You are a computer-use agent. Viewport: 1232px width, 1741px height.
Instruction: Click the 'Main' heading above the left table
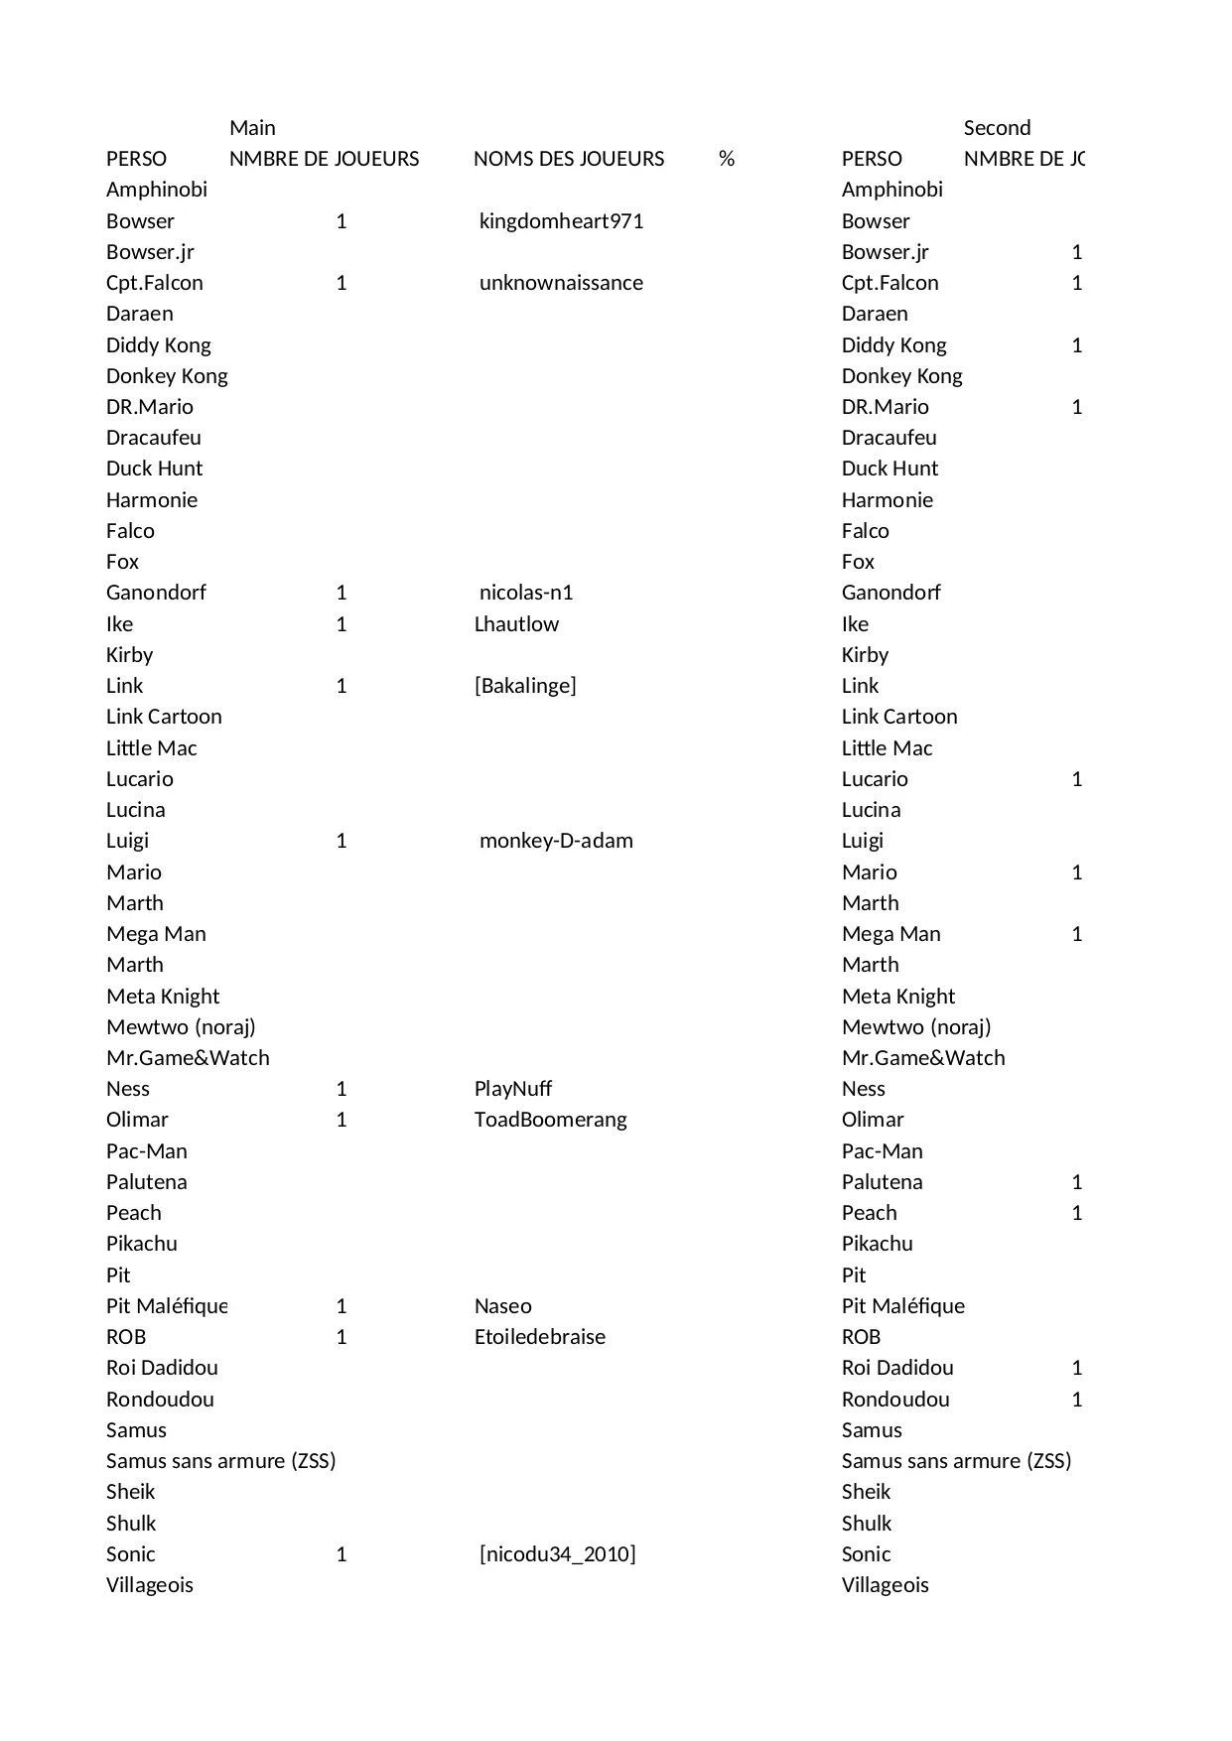pos(252,128)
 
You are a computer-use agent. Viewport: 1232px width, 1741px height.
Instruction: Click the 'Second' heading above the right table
pos(997,128)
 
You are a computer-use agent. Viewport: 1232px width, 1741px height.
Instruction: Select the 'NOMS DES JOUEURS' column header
pos(569,159)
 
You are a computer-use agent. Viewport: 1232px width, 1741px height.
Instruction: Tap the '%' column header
pos(727,159)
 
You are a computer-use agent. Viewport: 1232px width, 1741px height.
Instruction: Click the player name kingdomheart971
pos(561,221)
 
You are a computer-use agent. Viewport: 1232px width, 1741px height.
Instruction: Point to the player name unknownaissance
pos(561,283)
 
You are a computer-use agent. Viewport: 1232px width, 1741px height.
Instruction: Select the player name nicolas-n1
pos(526,593)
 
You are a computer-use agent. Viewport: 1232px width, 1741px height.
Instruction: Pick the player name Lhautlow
pos(516,624)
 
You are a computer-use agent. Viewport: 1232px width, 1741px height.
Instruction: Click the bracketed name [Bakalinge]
pos(525,686)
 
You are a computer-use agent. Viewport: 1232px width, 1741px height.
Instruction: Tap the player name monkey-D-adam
pos(556,841)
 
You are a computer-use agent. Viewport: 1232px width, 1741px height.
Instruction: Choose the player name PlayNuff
pos(513,1089)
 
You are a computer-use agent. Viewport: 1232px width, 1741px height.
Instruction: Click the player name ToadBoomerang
pos(551,1120)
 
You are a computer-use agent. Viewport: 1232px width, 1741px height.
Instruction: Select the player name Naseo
pos(503,1306)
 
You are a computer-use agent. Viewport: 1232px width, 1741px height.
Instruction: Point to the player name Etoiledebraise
pos(540,1337)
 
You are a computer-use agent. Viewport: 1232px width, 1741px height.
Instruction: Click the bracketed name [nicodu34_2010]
pos(557,1554)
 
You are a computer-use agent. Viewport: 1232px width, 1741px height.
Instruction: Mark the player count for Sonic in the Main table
pos(342,1554)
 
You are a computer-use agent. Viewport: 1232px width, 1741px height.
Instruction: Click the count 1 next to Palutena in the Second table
pos(1077,1182)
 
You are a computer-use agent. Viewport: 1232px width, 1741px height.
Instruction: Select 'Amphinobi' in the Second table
pos(892,190)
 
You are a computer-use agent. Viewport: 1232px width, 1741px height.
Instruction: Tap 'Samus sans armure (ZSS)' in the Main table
pos(220,1461)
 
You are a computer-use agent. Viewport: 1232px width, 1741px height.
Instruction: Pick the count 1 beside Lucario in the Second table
pos(1077,779)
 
